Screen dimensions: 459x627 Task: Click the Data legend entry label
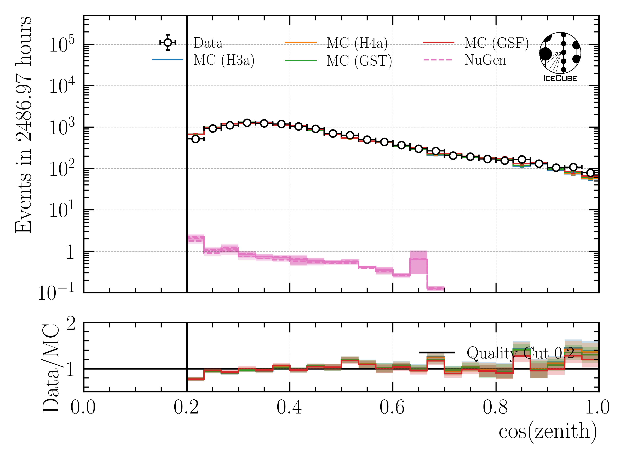208,43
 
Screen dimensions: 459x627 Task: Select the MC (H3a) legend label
224,60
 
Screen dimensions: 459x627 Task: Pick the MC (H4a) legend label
357,43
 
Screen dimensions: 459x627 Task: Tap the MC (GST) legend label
359,61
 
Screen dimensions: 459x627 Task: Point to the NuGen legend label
485,60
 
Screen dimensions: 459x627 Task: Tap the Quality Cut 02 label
520,353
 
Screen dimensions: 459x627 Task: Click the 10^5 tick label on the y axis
62,44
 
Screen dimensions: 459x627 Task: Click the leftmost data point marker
195,139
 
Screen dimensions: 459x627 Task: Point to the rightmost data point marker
590,173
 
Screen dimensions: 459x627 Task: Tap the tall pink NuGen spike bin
418,263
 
